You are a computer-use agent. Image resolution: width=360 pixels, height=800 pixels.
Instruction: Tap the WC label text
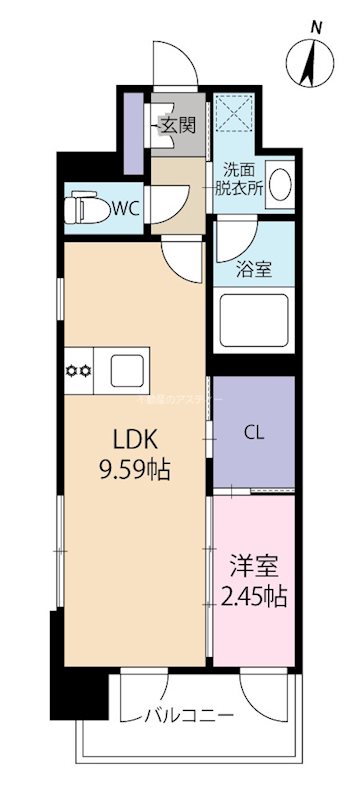tap(126, 208)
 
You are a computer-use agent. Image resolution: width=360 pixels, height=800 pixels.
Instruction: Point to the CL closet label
tap(254, 431)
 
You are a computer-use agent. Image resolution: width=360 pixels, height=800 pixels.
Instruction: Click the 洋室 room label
tap(253, 567)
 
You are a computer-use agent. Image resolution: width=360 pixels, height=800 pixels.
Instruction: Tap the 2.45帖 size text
tap(253, 598)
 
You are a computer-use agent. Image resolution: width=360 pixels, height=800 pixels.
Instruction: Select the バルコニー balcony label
tap(189, 716)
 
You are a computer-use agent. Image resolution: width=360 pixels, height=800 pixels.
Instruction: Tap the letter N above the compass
tap(315, 28)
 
